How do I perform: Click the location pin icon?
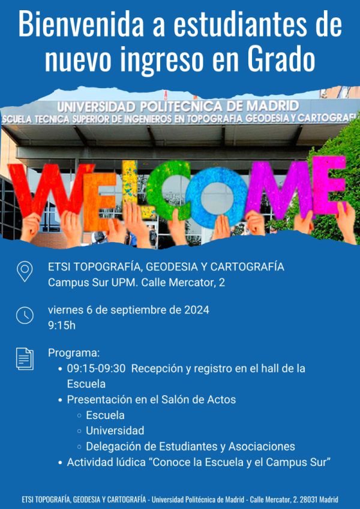pyautogui.click(x=25, y=272)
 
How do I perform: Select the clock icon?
pyautogui.click(x=25, y=315)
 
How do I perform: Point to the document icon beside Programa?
pyautogui.click(x=25, y=359)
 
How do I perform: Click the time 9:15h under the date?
pyautogui.click(x=62, y=326)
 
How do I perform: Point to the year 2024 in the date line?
pyautogui.click(x=197, y=310)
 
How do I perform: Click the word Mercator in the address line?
pyautogui.click(x=191, y=282)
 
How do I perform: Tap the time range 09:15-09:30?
pyautogui.click(x=96, y=369)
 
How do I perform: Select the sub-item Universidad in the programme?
pyautogui.click(x=115, y=431)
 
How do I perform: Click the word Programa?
pyautogui.click(x=74, y=353)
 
